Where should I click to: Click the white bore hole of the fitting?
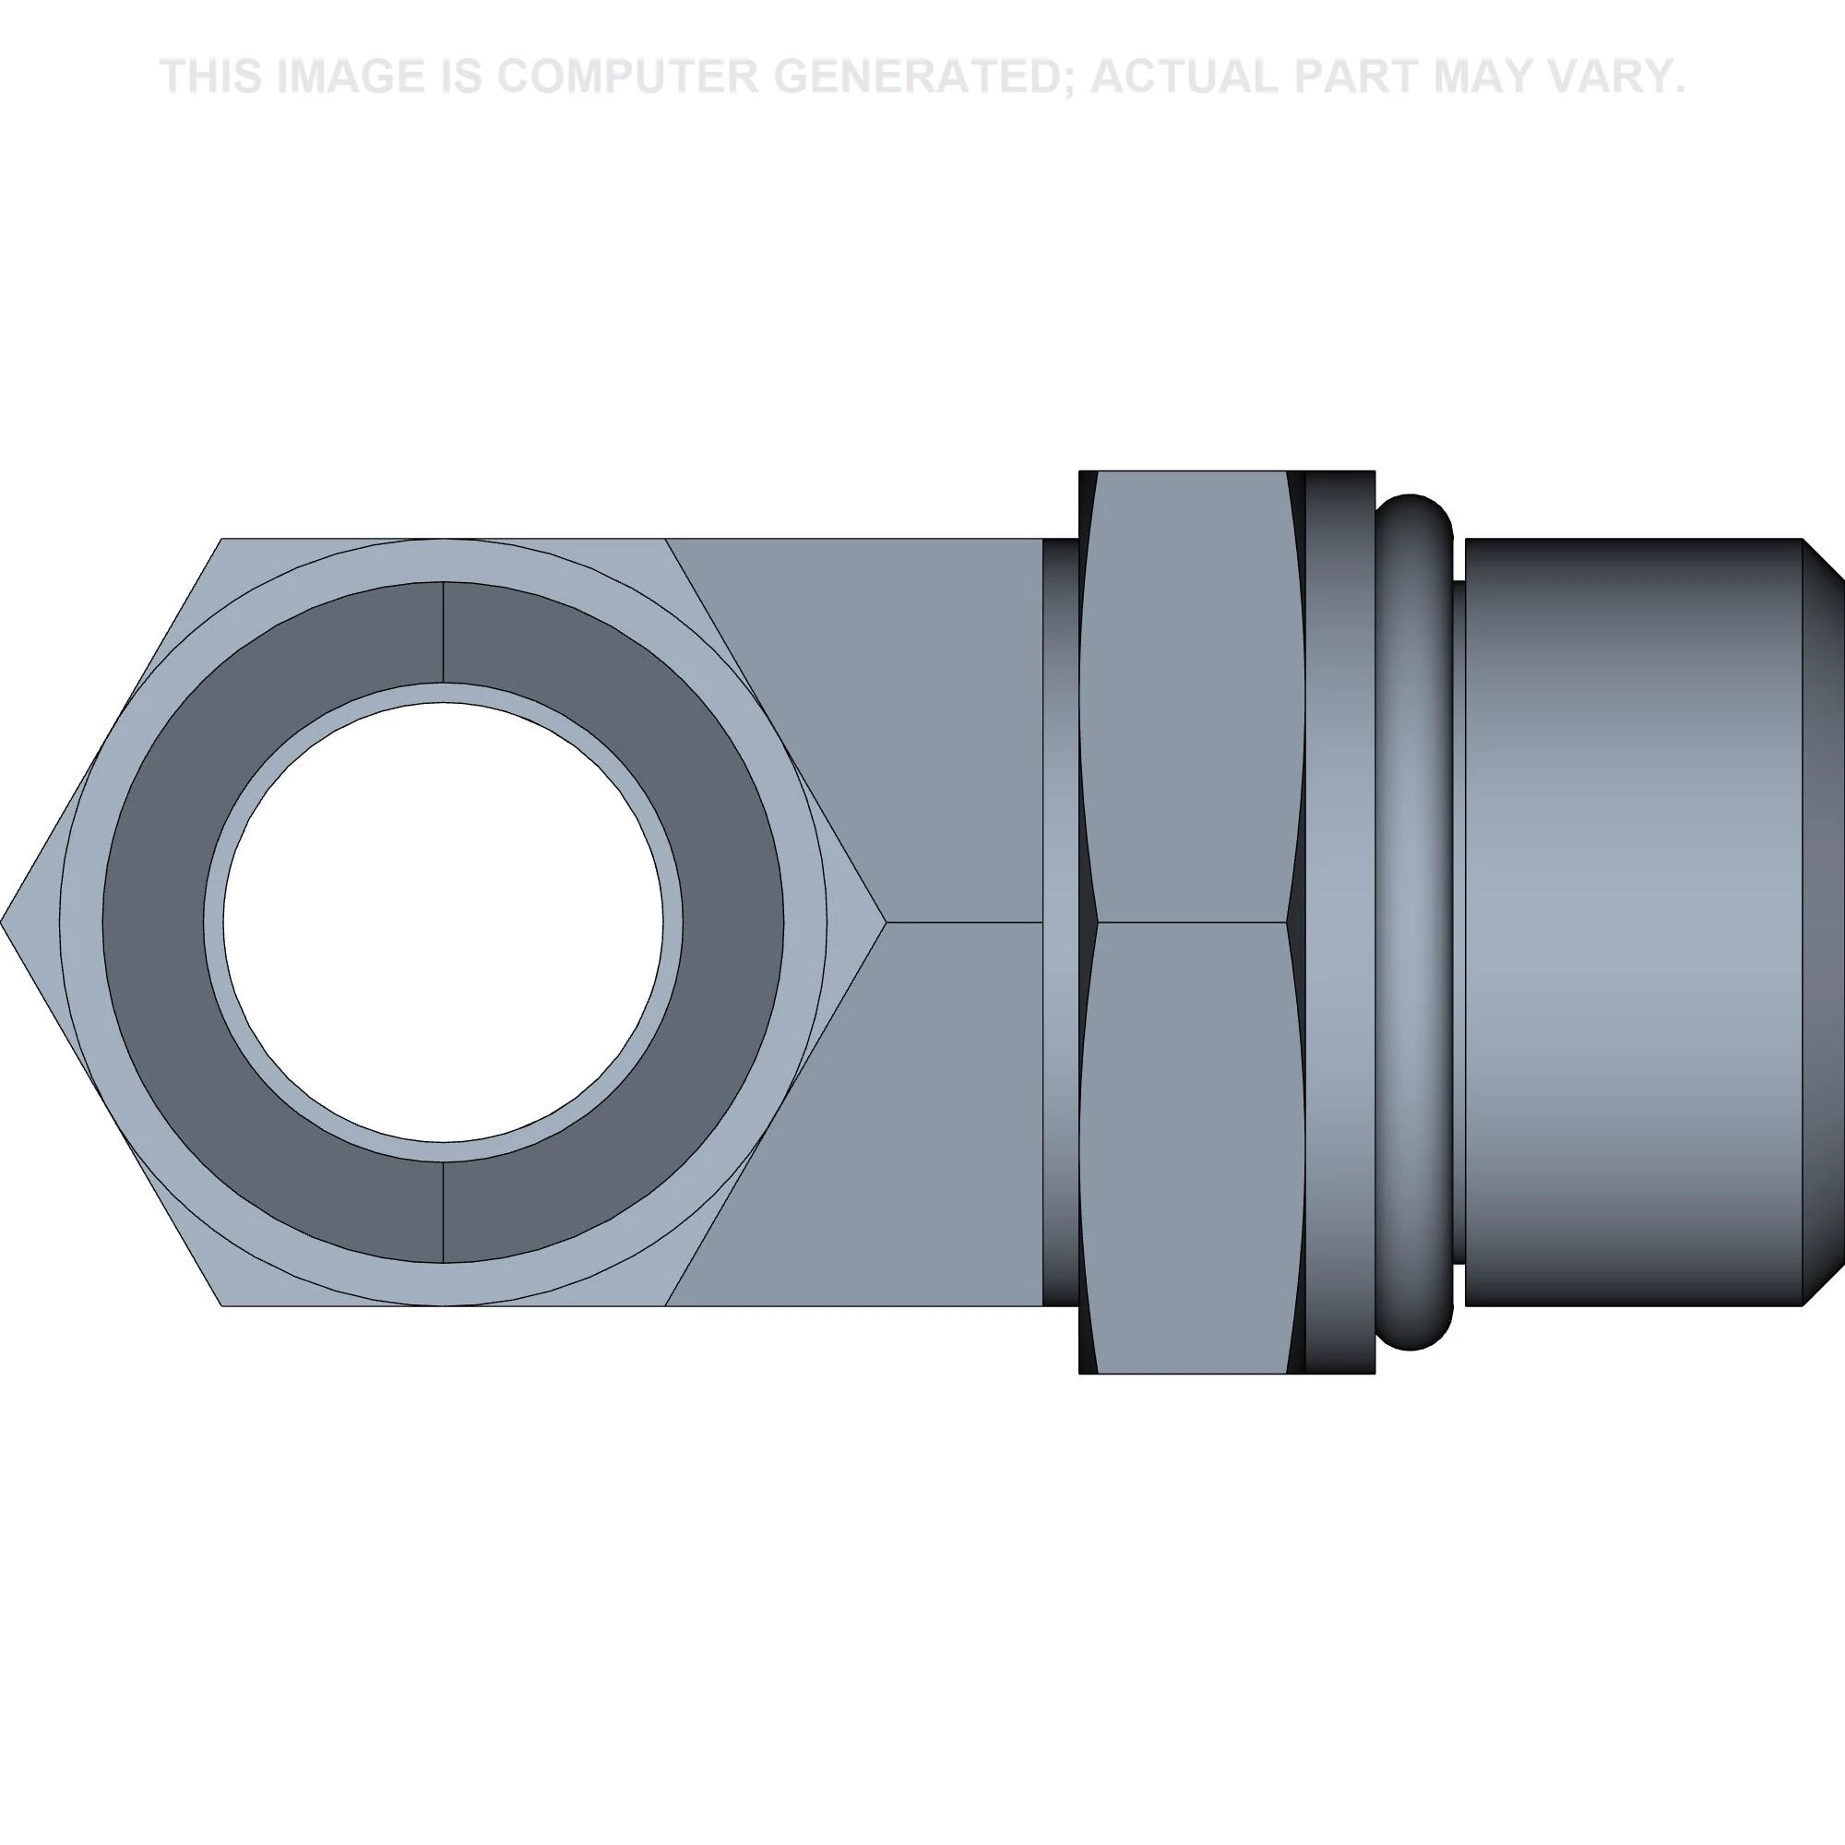tap(443, 922)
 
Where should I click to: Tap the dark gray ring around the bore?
tap(153, 922)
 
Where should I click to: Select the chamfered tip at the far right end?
tap(1822, 922)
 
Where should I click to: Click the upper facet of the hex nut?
tap(1192, 697)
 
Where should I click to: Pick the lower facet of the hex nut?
tap(1192, 1146)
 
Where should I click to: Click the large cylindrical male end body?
tap(1633, 922)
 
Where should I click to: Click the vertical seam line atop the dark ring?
tap(443, 632)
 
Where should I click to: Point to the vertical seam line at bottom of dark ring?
tap(443, 1212)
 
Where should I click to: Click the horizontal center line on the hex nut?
tap(1192, 922)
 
